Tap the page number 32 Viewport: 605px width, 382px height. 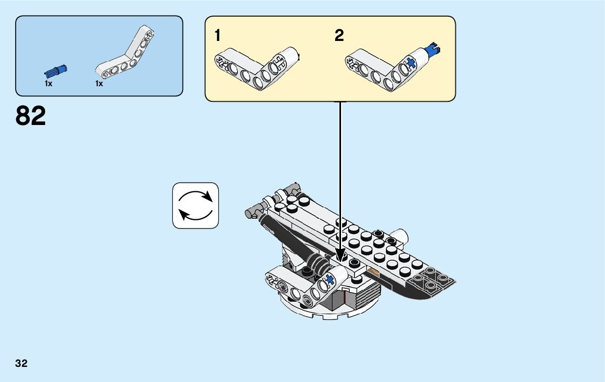pyautogui.click(x=22, y=363)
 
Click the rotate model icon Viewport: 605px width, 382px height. pyautogui.click(x=196, y=205)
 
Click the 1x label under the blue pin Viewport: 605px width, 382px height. pyautogui.click(x=48, y=84)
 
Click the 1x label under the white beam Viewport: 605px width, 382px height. pyautogui.click(x=99, y=84)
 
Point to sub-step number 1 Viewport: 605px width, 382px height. pyautogui.click(x=218, y=36)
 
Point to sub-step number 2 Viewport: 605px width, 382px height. pyautogui.click(x=339, y=36)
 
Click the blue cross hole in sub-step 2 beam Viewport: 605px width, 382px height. pyautogui.click(x=411, y=63)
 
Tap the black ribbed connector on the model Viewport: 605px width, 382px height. pyautogui.click(x=318, y=263)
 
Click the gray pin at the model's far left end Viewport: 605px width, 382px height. pyautogui.click(x=249, y=213)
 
